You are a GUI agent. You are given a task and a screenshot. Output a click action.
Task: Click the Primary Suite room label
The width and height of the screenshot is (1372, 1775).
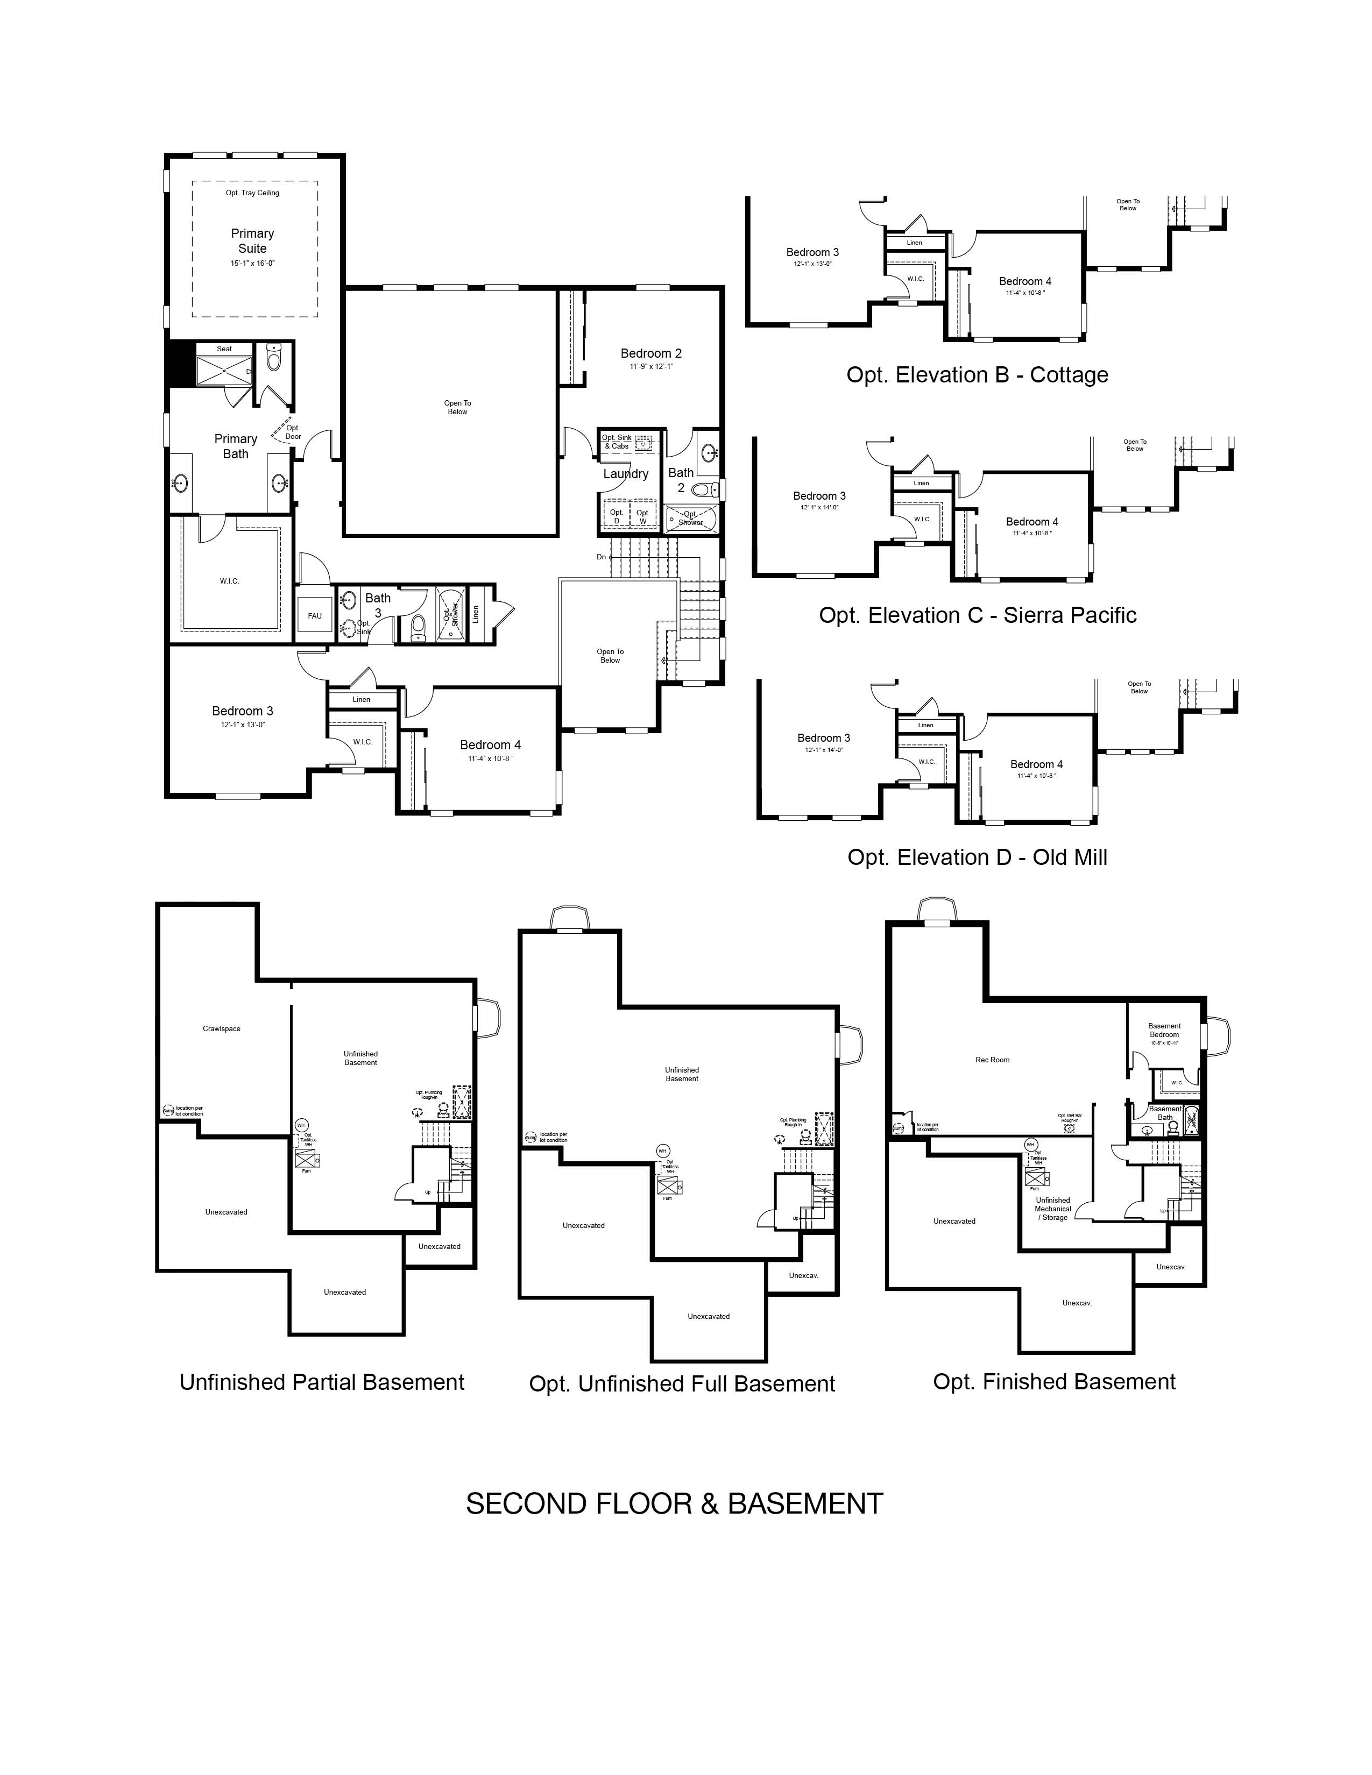[x=252, y=240]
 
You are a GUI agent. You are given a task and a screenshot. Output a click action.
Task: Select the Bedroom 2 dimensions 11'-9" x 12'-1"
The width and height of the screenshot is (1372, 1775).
[x=651, y=366]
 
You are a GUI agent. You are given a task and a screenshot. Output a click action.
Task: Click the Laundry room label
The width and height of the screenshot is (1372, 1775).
[x=625, y=474]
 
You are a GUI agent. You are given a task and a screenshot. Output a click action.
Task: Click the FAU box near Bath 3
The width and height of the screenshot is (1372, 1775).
[x=315, y=616]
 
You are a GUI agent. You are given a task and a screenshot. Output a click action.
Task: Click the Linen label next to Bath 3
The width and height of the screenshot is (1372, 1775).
[x=476, y=614]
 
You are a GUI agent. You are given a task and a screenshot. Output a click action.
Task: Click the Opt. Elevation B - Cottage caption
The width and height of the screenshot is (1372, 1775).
[x=977, y=375]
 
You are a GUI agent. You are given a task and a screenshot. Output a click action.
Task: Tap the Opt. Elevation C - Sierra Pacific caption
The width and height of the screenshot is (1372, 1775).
[x=977, y=615]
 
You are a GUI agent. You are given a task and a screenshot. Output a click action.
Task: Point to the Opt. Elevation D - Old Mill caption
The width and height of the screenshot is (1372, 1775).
[x=977, y=857]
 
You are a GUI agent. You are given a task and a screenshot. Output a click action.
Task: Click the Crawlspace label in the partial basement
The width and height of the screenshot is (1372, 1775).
[x=221, y=1029]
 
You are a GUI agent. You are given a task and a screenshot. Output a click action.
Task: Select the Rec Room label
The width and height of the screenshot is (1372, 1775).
[x=993, y=1060]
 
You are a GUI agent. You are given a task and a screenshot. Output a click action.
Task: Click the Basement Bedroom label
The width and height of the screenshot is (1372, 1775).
[x=1164, y=1031]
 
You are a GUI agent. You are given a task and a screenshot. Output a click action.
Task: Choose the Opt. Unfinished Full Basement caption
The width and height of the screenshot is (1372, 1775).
[x=681, y=1384]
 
